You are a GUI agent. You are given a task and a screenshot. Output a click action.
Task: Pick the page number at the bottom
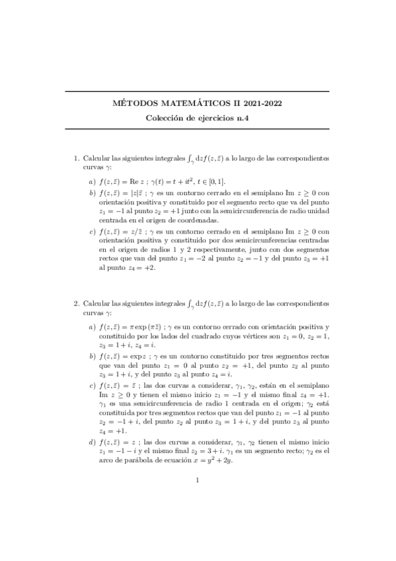[198, 517]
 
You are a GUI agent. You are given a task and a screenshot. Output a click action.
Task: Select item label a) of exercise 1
[91, 181]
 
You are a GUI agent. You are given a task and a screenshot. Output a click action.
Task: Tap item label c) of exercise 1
[91, 232]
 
